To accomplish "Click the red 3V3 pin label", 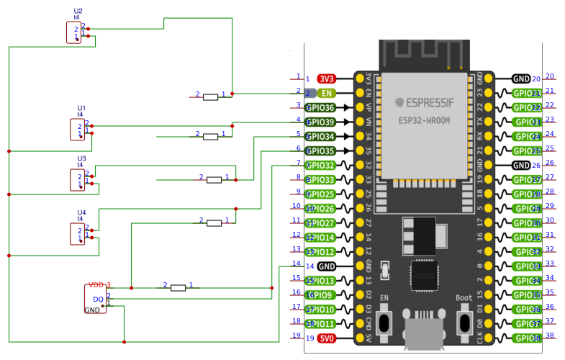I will click(327, 78).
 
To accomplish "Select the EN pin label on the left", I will click(327, 93).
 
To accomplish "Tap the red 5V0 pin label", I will click(327, 338).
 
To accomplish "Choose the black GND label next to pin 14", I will click(326, 266).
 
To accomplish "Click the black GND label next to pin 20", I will click(521, 78).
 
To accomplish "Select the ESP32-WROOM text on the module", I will click(425, 120).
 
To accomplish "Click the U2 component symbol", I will click(74, 32).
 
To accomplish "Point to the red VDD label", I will click(96, 285).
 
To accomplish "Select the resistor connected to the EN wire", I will click(210, 96).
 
